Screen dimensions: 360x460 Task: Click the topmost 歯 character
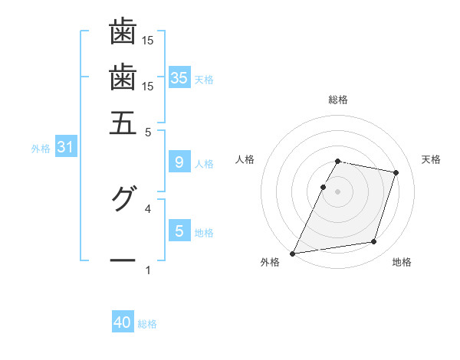[123, 31]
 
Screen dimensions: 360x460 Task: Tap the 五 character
[123, 123]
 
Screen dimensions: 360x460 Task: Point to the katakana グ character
[123, 200]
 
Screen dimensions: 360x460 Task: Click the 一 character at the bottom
[123, 261]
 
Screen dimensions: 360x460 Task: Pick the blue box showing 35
[179, 78]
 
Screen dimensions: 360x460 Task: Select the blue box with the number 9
[179, 162]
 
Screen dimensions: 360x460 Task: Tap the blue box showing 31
[65, 148]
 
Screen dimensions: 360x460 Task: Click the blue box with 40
[123, 322]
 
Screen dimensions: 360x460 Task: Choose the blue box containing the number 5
[179, 231]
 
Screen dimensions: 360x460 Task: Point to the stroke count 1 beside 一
[148, 270]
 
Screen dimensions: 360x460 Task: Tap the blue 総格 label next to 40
[148, 324]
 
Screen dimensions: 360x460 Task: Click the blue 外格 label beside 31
[41, 149]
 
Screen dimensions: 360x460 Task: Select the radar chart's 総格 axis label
[338, 100]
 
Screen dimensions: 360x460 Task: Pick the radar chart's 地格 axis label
[402, 263]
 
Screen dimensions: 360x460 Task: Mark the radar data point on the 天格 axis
[396, 173]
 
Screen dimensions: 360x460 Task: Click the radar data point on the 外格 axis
[293, 253]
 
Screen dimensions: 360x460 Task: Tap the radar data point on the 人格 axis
[323, 187]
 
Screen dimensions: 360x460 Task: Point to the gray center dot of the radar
[338, 191]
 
